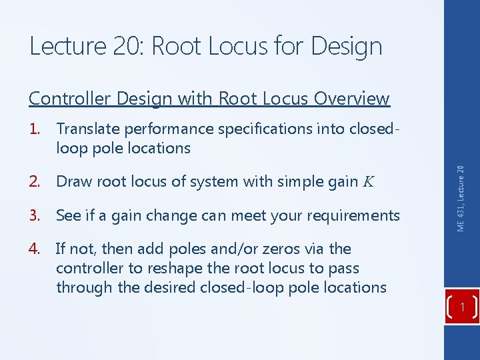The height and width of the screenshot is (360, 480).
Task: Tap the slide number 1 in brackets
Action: (x=462, y=307)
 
